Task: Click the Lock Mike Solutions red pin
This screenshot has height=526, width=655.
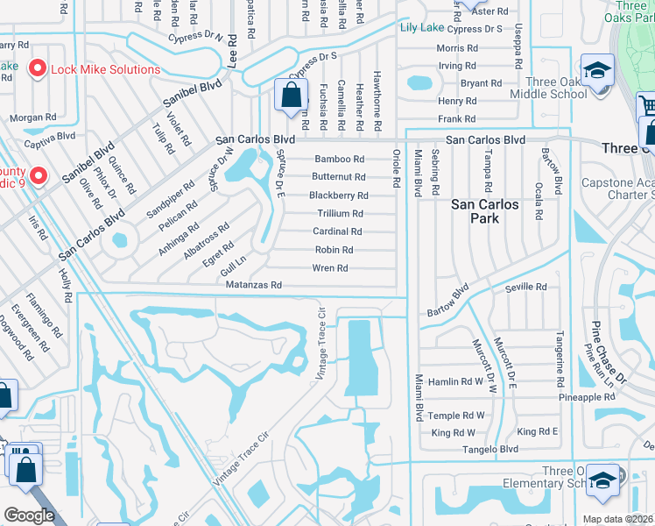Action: [x=38, y=68]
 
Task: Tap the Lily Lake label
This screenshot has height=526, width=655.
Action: [x=421, y=28]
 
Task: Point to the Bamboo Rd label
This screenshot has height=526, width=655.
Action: [x=339, y=160]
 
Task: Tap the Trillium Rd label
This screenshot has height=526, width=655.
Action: [x=340, y=214]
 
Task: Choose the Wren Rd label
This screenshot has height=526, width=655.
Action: [x=330, y=268]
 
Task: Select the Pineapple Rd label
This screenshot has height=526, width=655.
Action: [x=590, y=397]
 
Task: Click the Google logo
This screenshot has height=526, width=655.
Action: [x=29, y=515]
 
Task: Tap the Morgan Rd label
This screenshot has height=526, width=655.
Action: [x=32, y=117]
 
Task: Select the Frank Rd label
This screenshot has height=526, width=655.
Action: [x=457, y=119]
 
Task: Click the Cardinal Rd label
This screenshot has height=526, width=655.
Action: [x=337, y=232]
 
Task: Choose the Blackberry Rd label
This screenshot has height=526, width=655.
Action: [x=339, y=195]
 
